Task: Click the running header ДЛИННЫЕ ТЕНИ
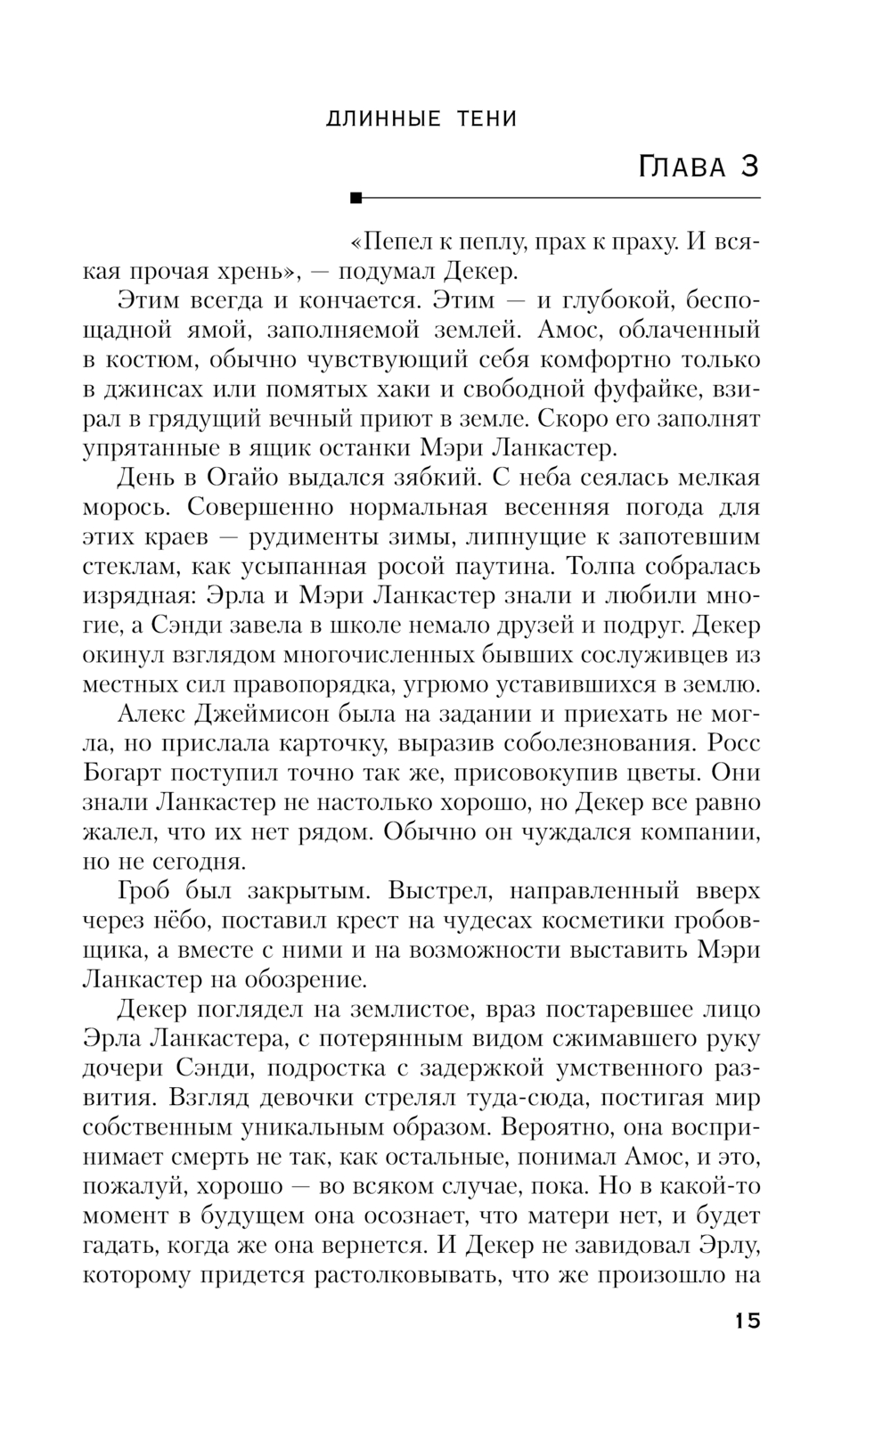421,119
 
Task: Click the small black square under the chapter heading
357,197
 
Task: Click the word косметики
599,920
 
